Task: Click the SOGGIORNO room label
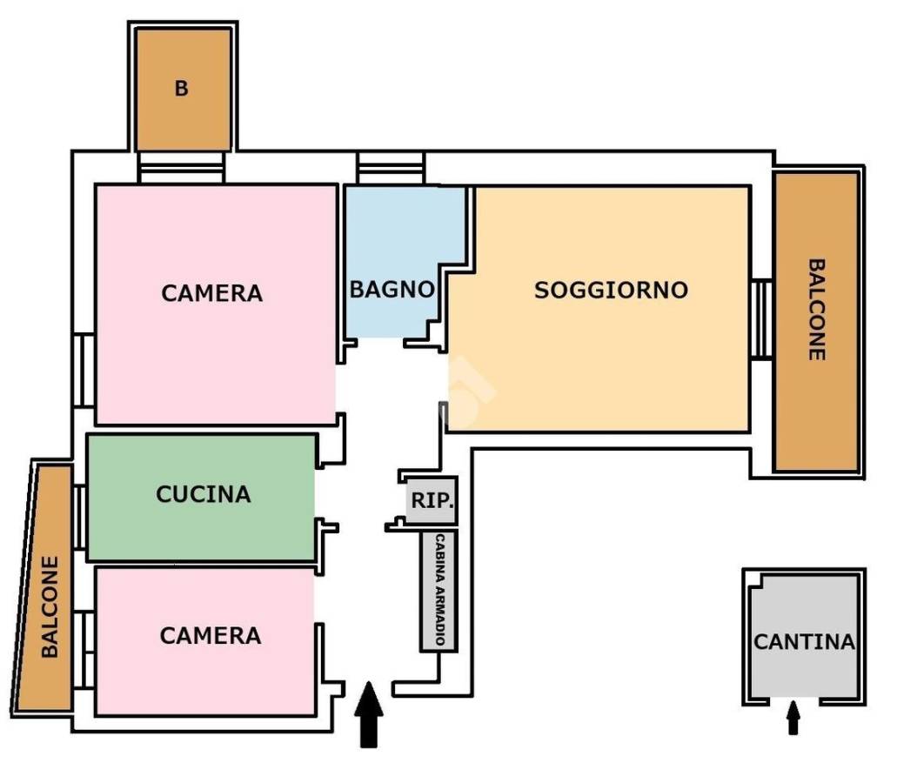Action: (611, 290)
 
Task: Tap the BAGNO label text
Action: (392, 290)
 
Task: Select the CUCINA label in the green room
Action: (203, 494)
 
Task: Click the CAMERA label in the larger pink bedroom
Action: (211, 293)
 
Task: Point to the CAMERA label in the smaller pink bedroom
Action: (210, 636)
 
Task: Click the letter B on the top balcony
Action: (181, 89)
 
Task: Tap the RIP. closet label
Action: (432, 502)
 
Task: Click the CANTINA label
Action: (804, 643)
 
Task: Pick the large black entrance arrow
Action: (370, 713)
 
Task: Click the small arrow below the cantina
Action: (793, 719)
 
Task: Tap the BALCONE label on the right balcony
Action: (816, 310)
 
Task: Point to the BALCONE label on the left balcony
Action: (50, 606)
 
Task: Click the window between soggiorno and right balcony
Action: (761, 318)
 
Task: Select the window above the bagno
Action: (391, 167)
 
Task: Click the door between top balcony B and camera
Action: (183, 167)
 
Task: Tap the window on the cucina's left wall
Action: (79, 517)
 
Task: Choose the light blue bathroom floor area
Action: (387, 235)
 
